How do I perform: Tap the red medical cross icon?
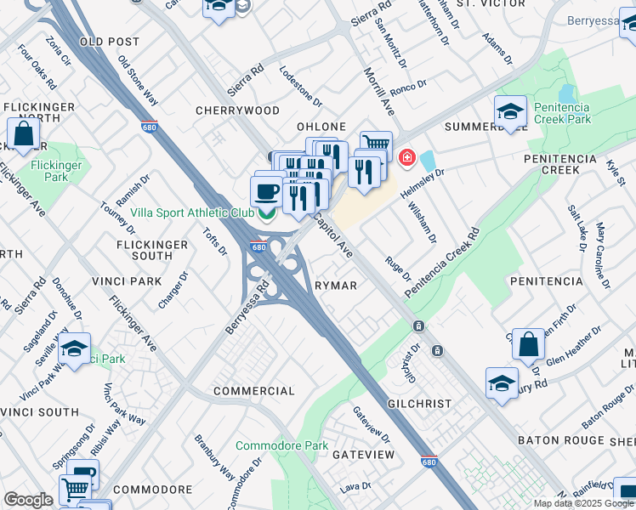point(406,157)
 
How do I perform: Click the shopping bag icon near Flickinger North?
point(24,134)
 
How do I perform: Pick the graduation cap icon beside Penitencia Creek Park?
point(510,112)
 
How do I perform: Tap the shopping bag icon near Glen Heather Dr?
point(528,345)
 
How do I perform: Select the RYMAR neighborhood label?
point(336,286)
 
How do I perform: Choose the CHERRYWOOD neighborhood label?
point(237,110)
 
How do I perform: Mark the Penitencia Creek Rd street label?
point(442,263)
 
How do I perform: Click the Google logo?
point(28,500)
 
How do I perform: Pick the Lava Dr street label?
point(351,488)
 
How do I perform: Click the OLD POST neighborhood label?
point(109,41)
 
